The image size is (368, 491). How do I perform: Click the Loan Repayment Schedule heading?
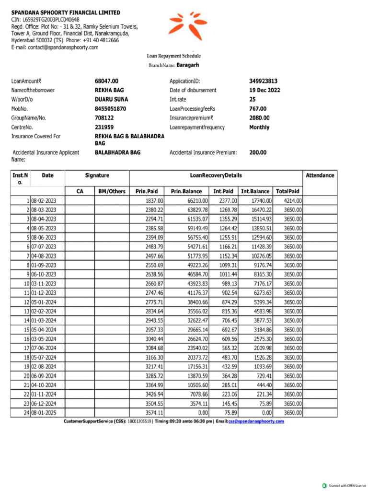pos(173,56)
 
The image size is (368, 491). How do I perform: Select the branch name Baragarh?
pos(188,65)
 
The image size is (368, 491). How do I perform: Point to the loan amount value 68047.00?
pos(106,81)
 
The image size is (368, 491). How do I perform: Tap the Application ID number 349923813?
pos(263,81)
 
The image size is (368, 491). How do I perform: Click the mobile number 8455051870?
pos(110,109)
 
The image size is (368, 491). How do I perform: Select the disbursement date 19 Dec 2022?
pos(264,90)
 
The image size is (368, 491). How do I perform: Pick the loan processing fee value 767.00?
pos(257,109)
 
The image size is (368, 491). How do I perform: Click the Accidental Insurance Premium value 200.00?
pos(258,152)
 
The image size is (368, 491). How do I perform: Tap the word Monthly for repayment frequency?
pos(259,128)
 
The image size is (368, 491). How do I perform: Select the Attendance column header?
pos(320,175)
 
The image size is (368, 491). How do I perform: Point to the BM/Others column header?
pos(112,191)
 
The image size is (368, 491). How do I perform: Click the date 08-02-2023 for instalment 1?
pos(44,201)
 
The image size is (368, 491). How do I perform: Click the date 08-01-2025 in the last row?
pos(44,413)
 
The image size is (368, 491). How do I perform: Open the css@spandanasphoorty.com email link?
pos(256,421)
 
